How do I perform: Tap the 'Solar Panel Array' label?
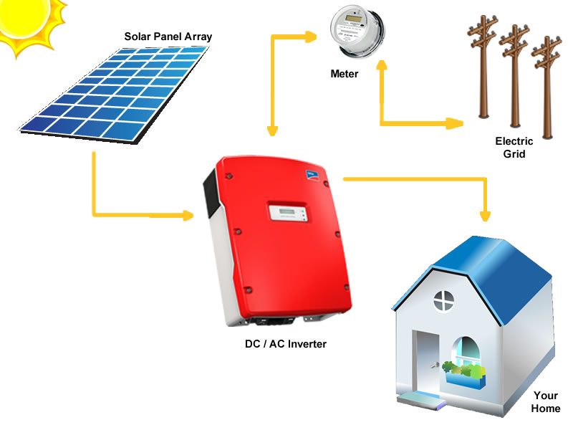[x=168, y=37]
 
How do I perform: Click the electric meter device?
[x=357, y=31]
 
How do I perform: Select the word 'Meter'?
[x=345, y=74]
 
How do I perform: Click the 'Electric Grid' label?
[x=514, y=148]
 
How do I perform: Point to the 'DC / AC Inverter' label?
[x=286, y=344]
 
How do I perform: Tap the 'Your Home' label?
[x=546, y=402]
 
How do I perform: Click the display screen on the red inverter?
[x=288, y=212]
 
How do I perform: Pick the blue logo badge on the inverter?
[x=312, y=175]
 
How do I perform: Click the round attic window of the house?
[x=444, y=301]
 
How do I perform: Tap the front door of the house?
[x=426, y=362]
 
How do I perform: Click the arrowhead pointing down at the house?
[x=485, y=216]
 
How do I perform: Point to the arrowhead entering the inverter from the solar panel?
[x=188, y=216]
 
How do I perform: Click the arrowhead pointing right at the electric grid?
[x=455, y=123]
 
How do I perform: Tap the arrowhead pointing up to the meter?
[x=382, y=65]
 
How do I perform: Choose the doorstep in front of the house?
[x=421, y=400]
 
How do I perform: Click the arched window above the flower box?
[x=466, y=352]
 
